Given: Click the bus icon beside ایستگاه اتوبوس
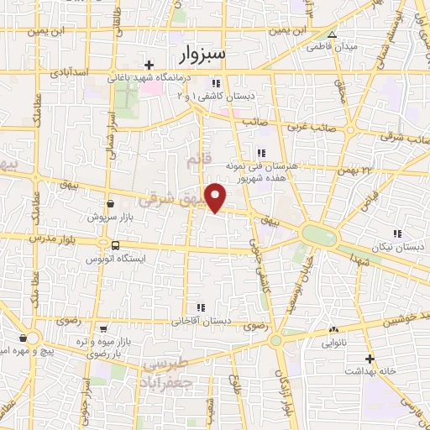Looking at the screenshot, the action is coord(114,245).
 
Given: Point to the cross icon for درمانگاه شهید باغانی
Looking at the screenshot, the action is coord(149,65).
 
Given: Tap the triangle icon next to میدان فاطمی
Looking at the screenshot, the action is coord(333,34).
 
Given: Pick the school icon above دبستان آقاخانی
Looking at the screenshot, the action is coord(199,308).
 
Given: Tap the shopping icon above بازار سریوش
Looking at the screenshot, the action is coord(111,203).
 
